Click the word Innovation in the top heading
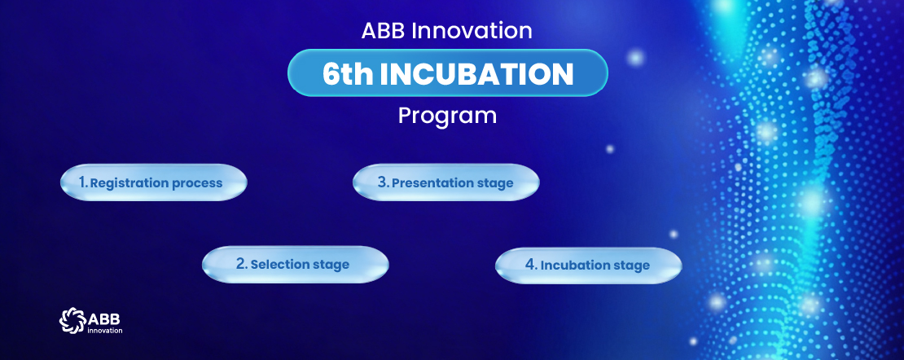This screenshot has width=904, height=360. (x=472, y=31)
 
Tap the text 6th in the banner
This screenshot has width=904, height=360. (x=348, y=74)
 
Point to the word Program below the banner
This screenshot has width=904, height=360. (x=447, y=116)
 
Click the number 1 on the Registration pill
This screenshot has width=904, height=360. (x=82, y=182)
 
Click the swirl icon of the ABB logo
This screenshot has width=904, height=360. (x=72, y=320)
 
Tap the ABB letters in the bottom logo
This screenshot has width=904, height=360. (x=103, y=318)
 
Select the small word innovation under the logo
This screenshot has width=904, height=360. (x=104, y=331)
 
